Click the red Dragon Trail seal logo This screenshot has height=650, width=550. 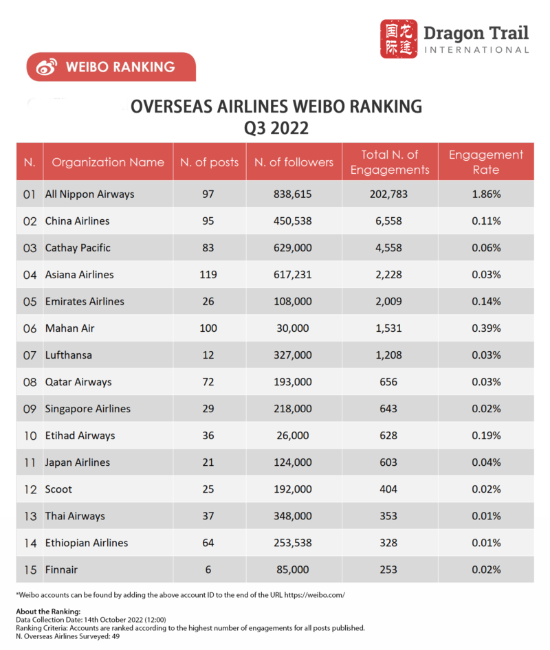399,39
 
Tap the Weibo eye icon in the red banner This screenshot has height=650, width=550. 46,67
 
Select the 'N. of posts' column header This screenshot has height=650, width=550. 210,162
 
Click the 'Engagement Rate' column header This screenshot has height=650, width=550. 486,162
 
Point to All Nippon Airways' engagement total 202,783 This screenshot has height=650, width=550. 389,194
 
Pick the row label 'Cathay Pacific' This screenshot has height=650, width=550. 78,248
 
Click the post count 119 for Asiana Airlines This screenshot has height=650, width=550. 208,275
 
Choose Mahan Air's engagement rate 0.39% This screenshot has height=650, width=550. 486,328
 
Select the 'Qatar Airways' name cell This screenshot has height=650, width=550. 78,382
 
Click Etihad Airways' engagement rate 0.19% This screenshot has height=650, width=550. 486,436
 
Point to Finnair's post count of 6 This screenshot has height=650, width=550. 208,570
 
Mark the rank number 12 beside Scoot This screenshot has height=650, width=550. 30,489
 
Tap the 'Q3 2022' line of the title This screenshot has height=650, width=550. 275,128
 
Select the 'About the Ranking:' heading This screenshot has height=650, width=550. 47,612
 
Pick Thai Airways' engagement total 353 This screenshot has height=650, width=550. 389,516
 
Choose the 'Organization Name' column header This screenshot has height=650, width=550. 108,162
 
